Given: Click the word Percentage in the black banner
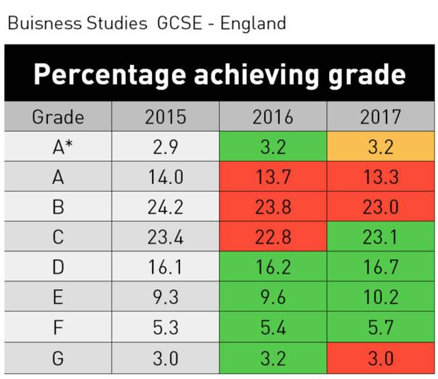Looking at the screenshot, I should click(105, 75).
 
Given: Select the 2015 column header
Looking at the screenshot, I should click(166, 117).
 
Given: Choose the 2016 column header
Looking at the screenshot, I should click(272, 117).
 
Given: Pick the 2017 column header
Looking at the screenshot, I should click(381, 117).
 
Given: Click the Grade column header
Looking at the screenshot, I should click(58, 117).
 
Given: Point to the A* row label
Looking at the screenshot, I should click(58, 146).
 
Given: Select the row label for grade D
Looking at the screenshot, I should click(58, 267).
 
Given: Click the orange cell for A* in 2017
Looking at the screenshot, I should click(381, 146).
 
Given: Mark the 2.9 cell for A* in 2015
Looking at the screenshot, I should click(166, 146).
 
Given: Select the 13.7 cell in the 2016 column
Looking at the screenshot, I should click(272, 177).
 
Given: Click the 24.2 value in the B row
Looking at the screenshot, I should click(166, 207).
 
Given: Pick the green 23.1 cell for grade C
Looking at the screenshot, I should click(381, 237).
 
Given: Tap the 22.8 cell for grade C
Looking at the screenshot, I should click(272, 237).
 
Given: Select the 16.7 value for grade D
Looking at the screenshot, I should click(381, 267).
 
